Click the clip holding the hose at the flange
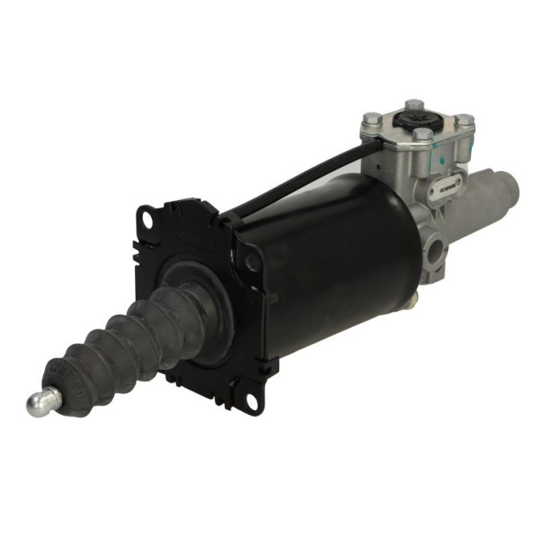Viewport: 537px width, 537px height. pos(228,215)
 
